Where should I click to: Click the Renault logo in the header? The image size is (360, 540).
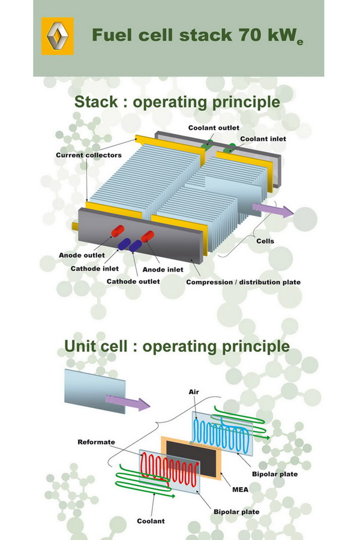[57, 36]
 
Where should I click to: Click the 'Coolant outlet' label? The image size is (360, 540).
[214, 128]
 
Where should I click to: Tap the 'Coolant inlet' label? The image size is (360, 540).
[263, 139]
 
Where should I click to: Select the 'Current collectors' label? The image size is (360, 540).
[89, 155]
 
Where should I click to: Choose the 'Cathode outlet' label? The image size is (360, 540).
[133, 281]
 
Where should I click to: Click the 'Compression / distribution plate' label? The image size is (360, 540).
[243, 282]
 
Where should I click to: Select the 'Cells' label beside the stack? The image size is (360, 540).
[265, 241]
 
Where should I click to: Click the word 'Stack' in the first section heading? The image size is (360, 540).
[99, 102]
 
